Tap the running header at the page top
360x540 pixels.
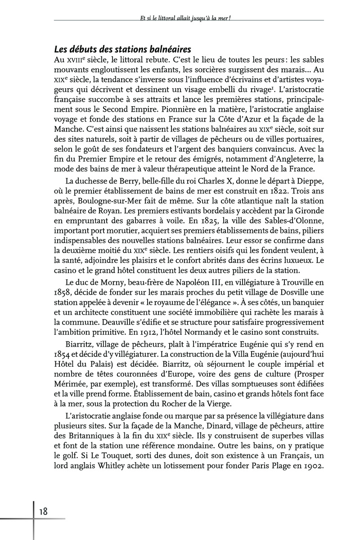coord(188,18)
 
